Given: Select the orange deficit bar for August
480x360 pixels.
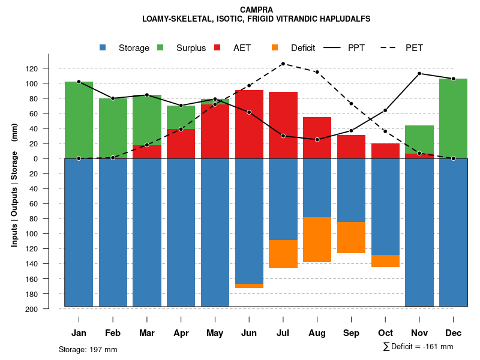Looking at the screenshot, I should [x=317, y=240].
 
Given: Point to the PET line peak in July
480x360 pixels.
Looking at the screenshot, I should [x=283, y=64].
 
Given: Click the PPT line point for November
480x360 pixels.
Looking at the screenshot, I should [x=419, y=73].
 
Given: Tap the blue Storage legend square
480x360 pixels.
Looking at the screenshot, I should [x=103, y=47].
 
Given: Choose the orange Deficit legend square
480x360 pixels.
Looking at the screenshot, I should [x=275, y=47].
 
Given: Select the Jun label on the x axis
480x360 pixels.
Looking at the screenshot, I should [x=248, y=333].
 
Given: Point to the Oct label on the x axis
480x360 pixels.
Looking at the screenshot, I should [x=385, y=333].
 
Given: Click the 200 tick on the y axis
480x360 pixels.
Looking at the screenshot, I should [x=48, y=309].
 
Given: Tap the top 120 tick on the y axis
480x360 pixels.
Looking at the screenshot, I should [x=48, y=68].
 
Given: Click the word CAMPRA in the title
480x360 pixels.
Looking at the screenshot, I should [x=256, y=10].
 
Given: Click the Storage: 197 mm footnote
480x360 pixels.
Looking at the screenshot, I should [x=88, y=349].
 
